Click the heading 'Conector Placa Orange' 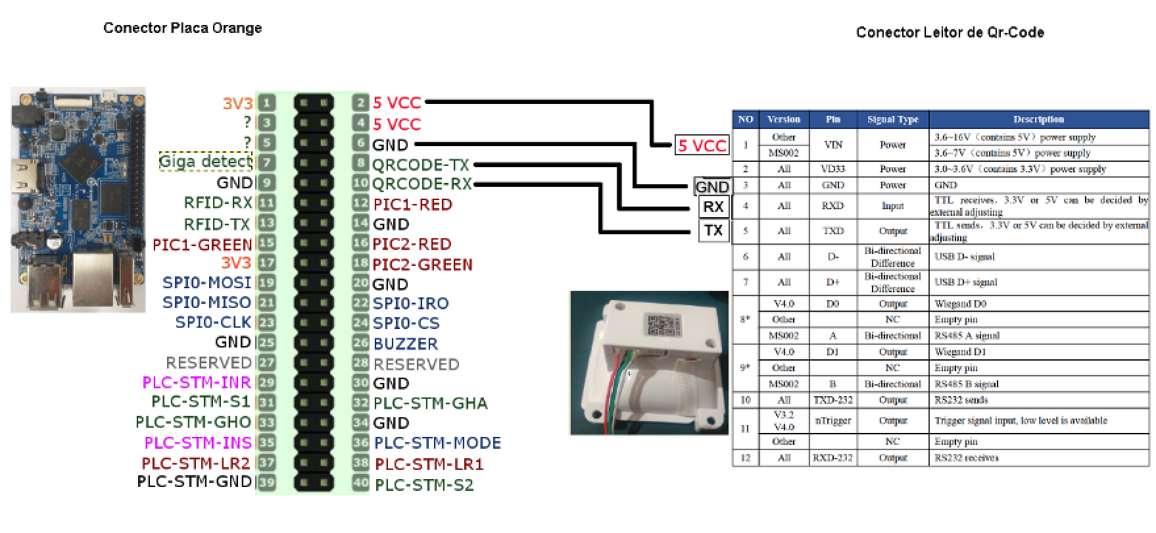pyautogui.click(x=182, y=28)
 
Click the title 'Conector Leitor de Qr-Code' pyautogui.click(x=950, y=33)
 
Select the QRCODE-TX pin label pyautogui.click(x=421, y=165)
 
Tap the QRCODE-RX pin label pyautogui.click(x=421, y=184)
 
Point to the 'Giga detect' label pyautogui.click(x=205, y=162)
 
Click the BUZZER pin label pyautogui.click(x=405, y=343)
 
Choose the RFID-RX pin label pyautogui.click(x=218, y=203)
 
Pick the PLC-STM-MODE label pyautogui.click(x=437, y=443)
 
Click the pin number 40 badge pyautogui.click(x=360, y=484)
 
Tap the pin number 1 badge pyautogui.click(x=266, y=103)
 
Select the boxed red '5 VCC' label pyautogui.click(x=702, y=145)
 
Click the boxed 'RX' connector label pyautogui.click(x=713, y=207)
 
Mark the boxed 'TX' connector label pyautogui.click(x=713, y=231)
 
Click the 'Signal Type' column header pyautogui.click(x=892, y=120)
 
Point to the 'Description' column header pyautogui.click(x=1038, y=120)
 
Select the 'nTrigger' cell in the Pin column pyautogui.click(x=832, y=420)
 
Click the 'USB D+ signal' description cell pyautogui.click(x=965, y=282)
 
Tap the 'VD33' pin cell pyautogui.click(x=832, y=169)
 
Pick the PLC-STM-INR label pyautogui.click(x=197, y=382)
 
